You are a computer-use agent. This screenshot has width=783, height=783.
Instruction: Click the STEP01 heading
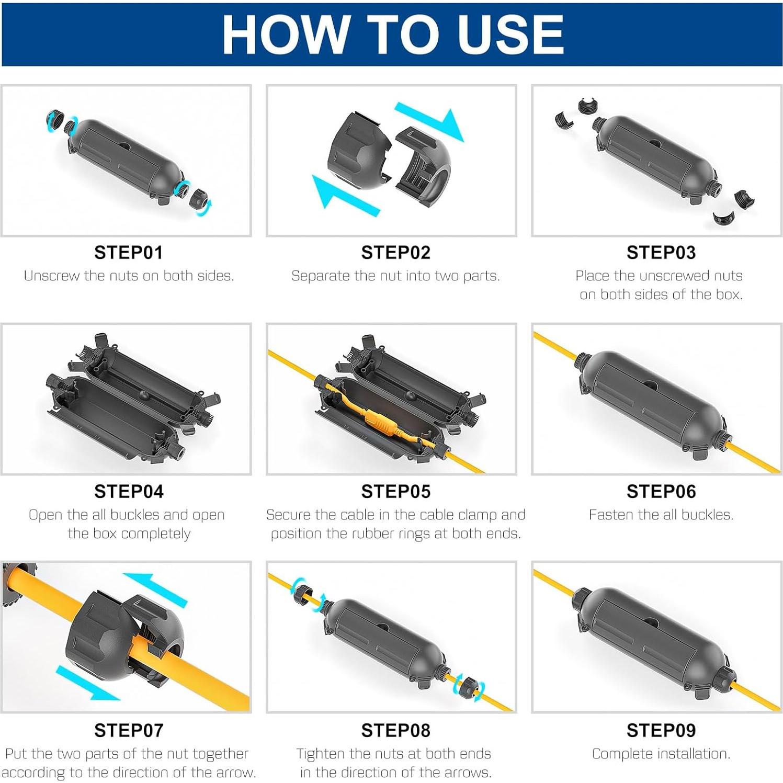pos(129,253)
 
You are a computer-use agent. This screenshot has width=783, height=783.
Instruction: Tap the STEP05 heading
pos(396,492)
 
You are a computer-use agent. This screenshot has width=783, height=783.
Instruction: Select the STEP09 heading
pos(661,731)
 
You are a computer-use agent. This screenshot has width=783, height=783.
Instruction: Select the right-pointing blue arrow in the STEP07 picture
pos(87,683)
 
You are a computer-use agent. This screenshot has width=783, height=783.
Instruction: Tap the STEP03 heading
pos(661,253)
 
